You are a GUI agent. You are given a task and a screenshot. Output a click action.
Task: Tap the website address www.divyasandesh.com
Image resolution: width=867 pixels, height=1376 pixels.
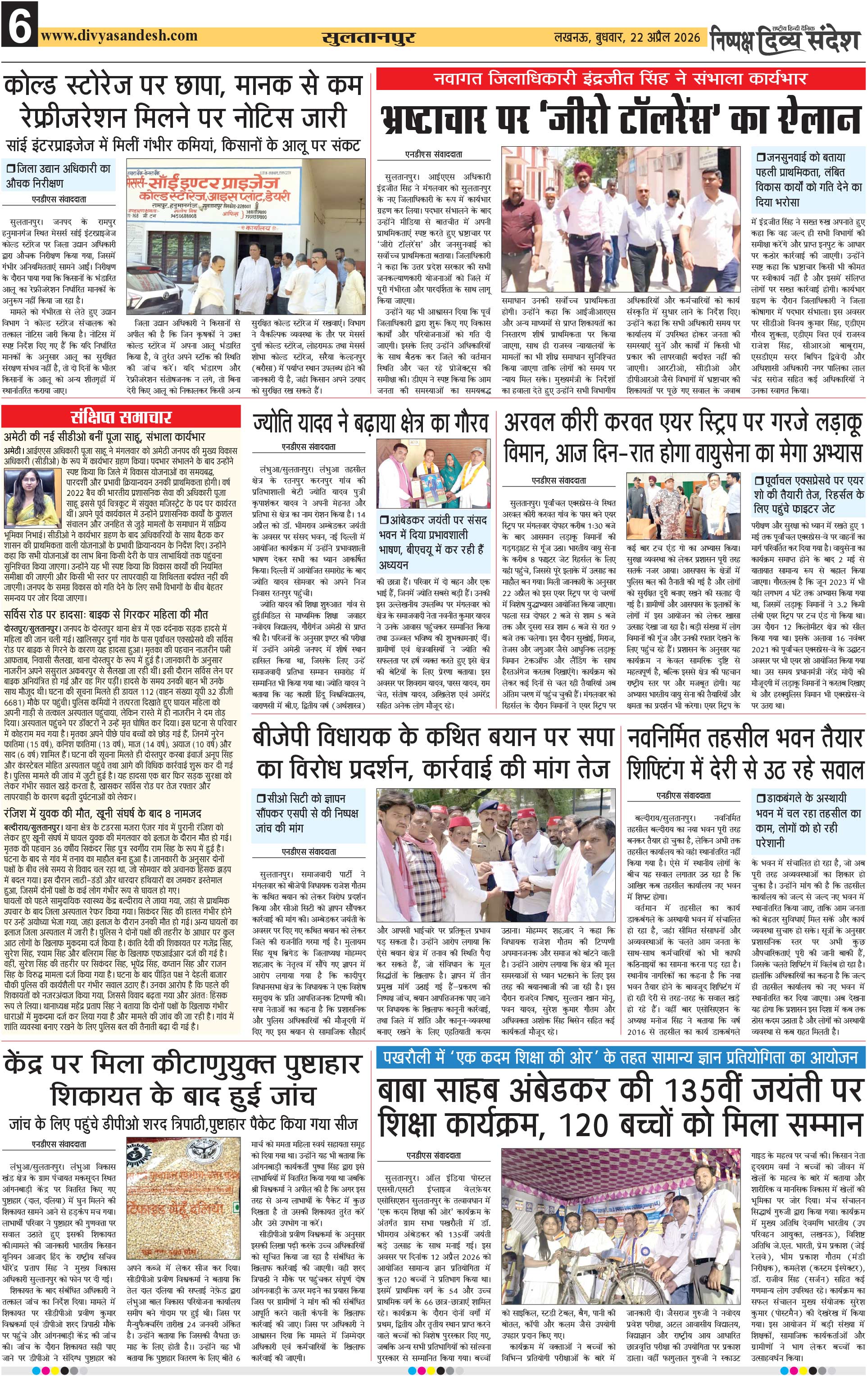(x=119, y=36)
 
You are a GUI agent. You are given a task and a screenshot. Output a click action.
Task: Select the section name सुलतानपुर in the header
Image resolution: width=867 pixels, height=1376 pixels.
(x=368, y=38)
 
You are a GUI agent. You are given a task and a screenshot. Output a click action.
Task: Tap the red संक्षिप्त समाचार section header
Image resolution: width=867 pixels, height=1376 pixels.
(x=121, y=417)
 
